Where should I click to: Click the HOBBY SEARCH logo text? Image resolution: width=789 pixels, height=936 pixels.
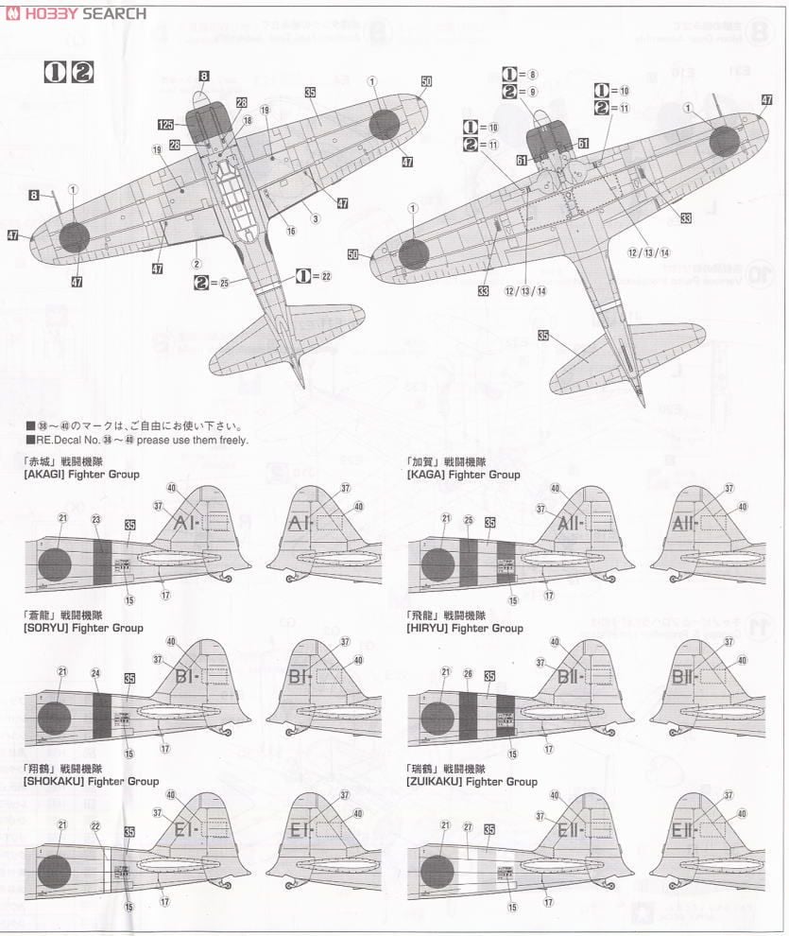(x=76, y=13)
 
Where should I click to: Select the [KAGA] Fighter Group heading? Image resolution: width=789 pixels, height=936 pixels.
(x=463, y=475)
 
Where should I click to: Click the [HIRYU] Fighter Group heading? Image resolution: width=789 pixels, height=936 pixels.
(x=464, y=628)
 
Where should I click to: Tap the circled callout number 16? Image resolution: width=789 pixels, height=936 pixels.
(x=291, y=231)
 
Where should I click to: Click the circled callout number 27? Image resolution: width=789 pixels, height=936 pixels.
(x=468, y=826)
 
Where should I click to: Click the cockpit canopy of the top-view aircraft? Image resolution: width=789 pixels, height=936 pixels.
(x=231, y=189)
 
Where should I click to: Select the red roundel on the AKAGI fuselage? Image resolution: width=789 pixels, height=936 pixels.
(x=54, y=565)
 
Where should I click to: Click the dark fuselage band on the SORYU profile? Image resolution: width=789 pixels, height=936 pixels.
(x=102, y=718)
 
